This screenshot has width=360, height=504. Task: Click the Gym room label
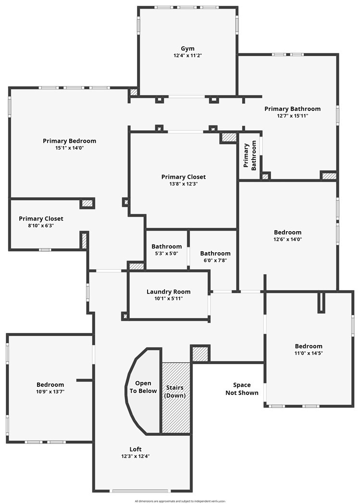[187, 49]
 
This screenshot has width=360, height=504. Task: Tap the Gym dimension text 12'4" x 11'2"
[187, 56]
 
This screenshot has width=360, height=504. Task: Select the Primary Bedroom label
[69, 141]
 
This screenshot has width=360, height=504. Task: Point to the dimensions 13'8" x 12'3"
[183, 184]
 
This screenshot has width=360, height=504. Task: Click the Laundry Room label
[168, 292]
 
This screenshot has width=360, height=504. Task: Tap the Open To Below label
[143, 387]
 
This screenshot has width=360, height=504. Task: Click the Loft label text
[136, 449]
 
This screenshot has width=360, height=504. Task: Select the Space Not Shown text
[242, 389]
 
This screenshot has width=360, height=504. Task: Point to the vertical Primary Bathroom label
[250, 156]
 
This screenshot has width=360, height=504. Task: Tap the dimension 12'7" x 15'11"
[292, 116]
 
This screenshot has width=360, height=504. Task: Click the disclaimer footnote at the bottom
[180, 501]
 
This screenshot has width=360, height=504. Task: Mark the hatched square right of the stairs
[199, 354]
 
